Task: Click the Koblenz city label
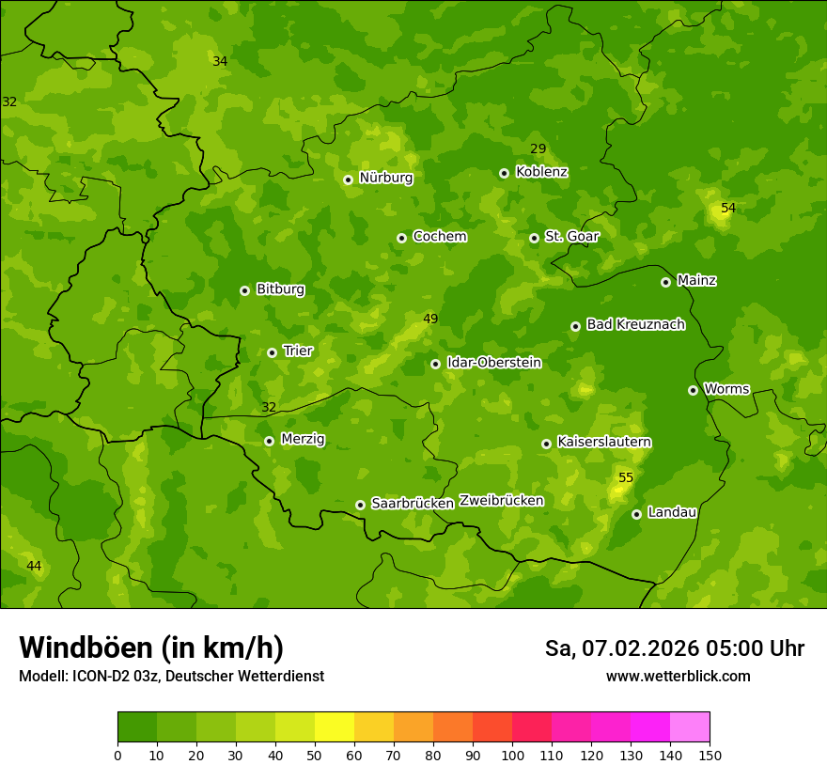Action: click(x=541, y=172)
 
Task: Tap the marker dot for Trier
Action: click(x=272, y=352)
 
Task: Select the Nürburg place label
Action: click(x=385, y=178)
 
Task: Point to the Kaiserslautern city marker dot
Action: click(x=546, y=444)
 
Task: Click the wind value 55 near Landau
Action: click(x=626, y=478)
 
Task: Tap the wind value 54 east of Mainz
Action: click(x=728, y=208)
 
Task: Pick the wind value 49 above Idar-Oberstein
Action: click(x=430, y=320)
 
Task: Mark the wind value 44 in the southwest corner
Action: click(x=34, y=566)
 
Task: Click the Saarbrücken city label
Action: click(x=412, y=504)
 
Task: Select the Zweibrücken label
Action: click(x=501, y=501)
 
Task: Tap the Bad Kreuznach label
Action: click(x=635, y=324)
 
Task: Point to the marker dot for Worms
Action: click(x=693, y=390)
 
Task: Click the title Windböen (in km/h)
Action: click(x=151, y=647)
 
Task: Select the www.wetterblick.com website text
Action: click(x=678, y=676)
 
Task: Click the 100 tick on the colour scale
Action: click(x=512, y=755)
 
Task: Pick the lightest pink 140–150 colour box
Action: click(x=690, y=726)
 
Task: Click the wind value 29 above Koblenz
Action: click(x=538, y=148)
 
